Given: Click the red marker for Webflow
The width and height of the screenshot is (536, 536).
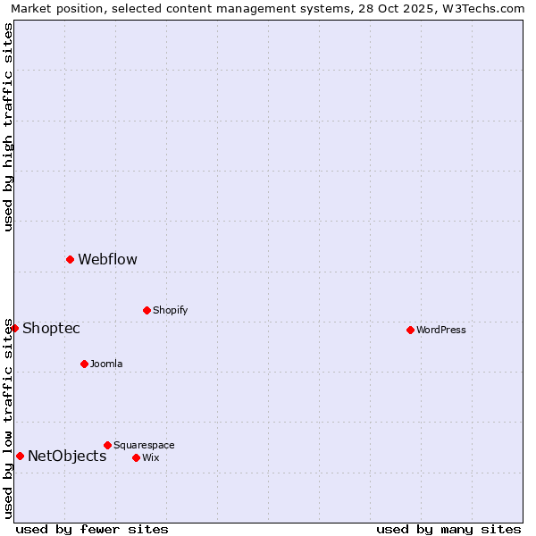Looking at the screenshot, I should [x=70, y=259].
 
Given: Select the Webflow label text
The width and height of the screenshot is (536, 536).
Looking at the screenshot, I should [x=107, y=260].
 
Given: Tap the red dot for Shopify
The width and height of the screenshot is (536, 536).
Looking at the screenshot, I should [x=147, y=310].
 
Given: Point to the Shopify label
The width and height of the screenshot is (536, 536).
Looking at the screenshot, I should [x=170, y=311].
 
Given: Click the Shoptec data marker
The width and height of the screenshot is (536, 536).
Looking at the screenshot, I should [x=14, y=328].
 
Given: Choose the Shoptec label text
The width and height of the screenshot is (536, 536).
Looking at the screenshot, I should [x=51, y=329].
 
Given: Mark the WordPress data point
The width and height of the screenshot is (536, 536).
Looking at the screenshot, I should [x=410, y=330].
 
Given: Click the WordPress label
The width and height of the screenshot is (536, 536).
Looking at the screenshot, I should [x=440, y=331].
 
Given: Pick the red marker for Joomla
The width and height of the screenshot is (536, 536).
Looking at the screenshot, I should [x=84, y=364].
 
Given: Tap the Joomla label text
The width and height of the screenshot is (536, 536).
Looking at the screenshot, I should [x=106, y=364].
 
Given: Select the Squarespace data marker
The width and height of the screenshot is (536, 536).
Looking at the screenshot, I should [x=107, y=445].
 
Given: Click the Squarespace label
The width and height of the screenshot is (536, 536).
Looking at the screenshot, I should [x=144, y=446].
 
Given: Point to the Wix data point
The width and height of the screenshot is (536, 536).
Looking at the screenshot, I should [x=136, y=457].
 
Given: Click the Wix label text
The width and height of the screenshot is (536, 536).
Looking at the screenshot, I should [x=150, y=458].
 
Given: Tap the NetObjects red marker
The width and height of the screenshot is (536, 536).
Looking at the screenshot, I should [x=20, y=456].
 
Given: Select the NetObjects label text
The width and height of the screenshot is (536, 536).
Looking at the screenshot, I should [x=67, y=456].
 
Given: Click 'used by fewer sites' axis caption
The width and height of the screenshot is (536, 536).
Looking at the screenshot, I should [x=92, y=530].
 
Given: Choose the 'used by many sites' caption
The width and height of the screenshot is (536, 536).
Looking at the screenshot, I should [x=448, y=530].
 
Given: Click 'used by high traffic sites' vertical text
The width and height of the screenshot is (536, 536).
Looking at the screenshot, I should [x=8, y=127].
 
